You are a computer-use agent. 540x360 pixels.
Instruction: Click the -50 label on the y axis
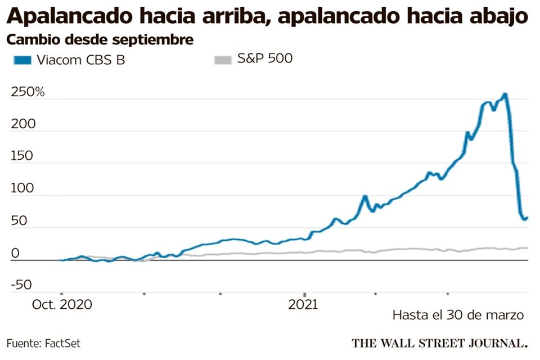(21, 286)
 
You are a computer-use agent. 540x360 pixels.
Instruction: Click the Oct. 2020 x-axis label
(62, 305)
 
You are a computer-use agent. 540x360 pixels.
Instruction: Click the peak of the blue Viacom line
(505, 94)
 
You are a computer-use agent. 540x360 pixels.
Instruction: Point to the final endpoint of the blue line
(527, 217)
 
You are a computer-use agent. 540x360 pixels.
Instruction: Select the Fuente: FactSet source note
(39, 343)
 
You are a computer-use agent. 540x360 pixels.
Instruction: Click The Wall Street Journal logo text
(440, 342)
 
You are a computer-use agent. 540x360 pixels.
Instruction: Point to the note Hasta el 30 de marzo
(458, 315)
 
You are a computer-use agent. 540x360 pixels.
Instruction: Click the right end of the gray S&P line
(527, 247)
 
